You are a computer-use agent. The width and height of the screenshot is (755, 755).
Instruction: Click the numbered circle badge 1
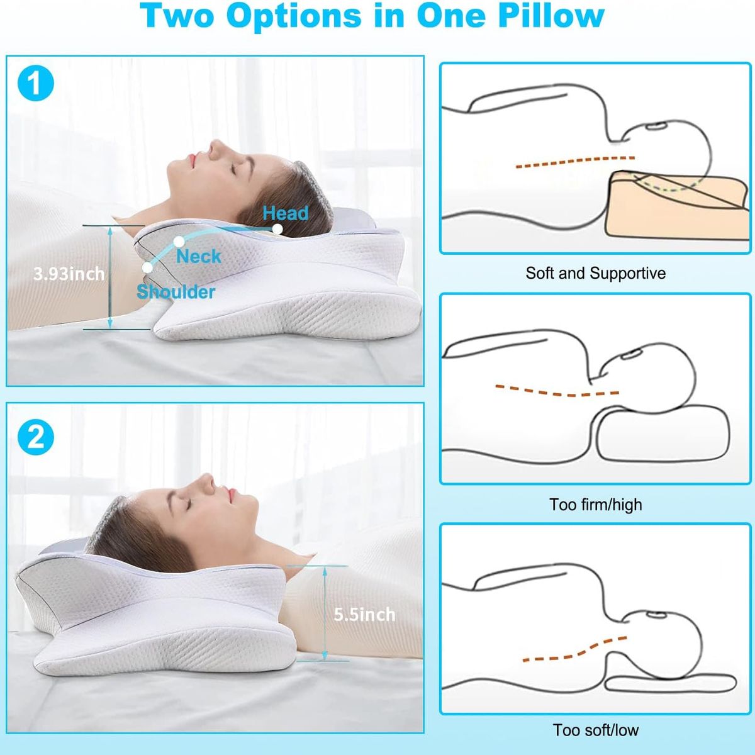(35, 83)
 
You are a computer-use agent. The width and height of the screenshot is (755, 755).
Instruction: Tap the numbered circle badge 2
(35, 435)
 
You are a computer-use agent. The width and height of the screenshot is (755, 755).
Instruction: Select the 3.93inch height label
(69, 274)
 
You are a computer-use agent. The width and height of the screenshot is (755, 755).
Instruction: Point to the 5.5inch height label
(364, 614)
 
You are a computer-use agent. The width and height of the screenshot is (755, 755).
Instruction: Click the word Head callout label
(286, 213)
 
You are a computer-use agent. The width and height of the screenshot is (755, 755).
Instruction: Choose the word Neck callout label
(198, 256)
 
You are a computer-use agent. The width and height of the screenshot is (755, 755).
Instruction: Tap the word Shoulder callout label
(176, 291)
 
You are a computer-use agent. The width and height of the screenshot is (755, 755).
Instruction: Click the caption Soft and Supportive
(595, 273)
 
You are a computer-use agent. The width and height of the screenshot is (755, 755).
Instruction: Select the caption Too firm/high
(595, 505)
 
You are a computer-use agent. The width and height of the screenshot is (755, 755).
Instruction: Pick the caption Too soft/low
(595, 730)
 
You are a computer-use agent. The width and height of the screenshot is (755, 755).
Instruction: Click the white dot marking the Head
(277, 229)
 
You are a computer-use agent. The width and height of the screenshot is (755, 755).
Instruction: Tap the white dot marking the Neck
(179, 241)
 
